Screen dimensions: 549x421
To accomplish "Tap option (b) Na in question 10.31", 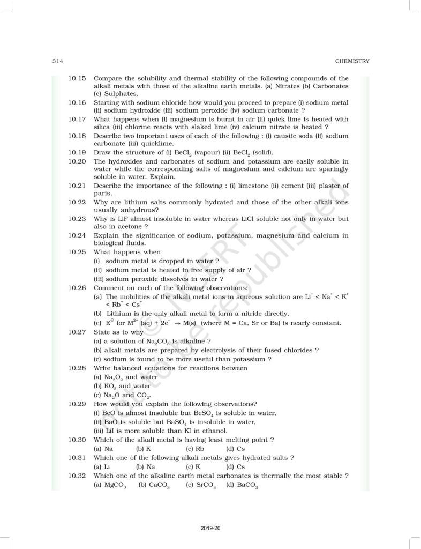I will coord(145,466).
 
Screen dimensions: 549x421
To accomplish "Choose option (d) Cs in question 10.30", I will coord(236,448).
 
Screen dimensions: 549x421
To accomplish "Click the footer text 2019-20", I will coord(210,529).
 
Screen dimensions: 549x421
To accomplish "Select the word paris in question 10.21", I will coord(102,194).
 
